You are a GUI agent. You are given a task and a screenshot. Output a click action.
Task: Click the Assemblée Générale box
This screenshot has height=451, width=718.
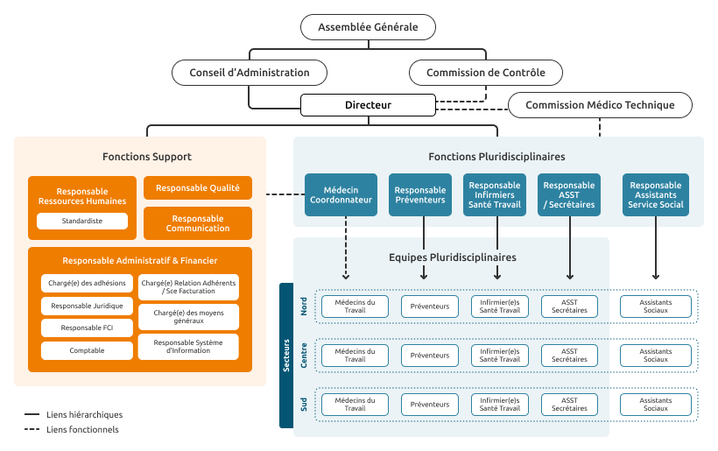pos(368,27)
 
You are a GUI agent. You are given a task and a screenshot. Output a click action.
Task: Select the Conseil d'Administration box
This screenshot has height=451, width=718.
pos(249,73)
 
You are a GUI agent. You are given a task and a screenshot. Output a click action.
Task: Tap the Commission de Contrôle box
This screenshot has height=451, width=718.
pos(485,73)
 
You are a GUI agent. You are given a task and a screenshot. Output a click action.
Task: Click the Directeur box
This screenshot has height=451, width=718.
pos(368,105)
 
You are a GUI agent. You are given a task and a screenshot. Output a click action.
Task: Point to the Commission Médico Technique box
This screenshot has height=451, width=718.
pos(600,105)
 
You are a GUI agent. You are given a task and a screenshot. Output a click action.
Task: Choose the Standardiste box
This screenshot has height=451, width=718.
pos(82,221)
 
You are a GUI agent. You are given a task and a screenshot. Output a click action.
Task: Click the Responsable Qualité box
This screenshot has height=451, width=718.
pos(198,187)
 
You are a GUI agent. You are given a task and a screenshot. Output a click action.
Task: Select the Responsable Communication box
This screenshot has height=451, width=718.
pos(198,223)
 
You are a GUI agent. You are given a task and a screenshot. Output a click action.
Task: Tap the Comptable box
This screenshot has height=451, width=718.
pos(87,350)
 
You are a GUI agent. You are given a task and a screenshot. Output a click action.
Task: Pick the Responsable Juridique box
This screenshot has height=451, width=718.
pos(87,306)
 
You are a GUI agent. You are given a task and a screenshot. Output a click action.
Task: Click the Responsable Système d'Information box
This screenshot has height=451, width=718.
pos(188,347)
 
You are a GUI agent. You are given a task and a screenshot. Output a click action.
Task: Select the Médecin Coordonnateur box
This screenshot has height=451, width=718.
pos(341,194)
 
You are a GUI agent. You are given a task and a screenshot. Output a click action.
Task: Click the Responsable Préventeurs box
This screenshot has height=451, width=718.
pos(420,194)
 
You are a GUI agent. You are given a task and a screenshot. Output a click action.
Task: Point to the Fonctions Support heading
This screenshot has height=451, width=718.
pos(147,157)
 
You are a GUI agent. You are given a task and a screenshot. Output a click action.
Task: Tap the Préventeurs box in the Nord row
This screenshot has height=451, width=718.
pos(430,307)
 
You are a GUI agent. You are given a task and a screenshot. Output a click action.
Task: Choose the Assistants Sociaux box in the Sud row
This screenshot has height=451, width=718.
pos(656,405)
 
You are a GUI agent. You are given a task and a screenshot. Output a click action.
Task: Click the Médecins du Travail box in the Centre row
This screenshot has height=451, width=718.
pos(355,356)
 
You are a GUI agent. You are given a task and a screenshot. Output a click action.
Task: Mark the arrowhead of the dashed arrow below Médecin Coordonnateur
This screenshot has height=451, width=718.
pos(346,277)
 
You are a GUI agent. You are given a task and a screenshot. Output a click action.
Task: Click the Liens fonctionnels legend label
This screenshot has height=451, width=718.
pos(82,429)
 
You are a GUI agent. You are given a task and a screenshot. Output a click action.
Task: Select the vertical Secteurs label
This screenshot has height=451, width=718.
pos(286,356)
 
